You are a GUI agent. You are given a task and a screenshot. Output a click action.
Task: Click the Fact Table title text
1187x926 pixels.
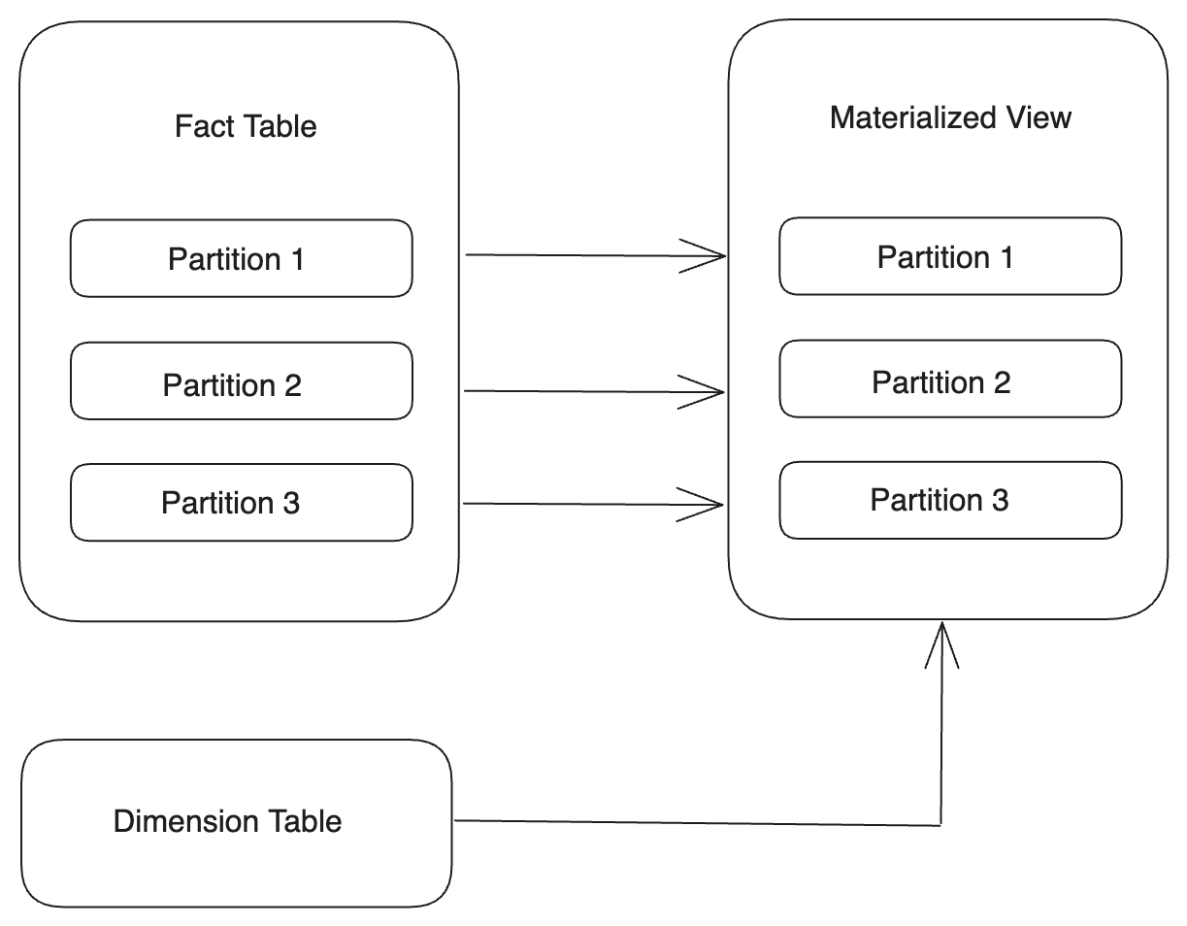click(x=246, y=127)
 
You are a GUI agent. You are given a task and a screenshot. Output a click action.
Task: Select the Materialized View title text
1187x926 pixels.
click(x=950, y=117)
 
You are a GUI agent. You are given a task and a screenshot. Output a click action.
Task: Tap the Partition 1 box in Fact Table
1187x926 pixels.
click(x=241, y=258)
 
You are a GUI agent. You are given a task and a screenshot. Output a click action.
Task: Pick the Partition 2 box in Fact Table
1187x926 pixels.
click(x=241, y=380)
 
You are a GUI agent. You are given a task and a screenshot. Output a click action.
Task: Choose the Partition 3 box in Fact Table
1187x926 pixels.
click(x=241, y=502)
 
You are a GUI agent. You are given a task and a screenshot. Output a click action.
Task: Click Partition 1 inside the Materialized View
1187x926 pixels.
click(x=950, y=256)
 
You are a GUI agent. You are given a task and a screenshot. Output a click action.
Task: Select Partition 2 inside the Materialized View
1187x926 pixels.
click(x=950, y=379)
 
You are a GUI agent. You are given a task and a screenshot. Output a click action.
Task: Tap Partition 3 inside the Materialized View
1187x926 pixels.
click(x=950, y=500)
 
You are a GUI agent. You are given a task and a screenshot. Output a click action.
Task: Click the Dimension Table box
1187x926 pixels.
click(x=236, y=822)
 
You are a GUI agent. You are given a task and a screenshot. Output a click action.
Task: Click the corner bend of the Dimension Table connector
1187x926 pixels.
click(x=941, y=825)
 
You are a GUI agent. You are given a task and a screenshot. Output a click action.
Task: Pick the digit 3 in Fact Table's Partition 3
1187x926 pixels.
click(x=290, y=503)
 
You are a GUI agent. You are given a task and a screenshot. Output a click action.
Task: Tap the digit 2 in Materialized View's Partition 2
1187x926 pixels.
click(x=1001, y=382)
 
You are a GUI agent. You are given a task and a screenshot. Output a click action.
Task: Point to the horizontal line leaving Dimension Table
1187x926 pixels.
click(x=679, y=823)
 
